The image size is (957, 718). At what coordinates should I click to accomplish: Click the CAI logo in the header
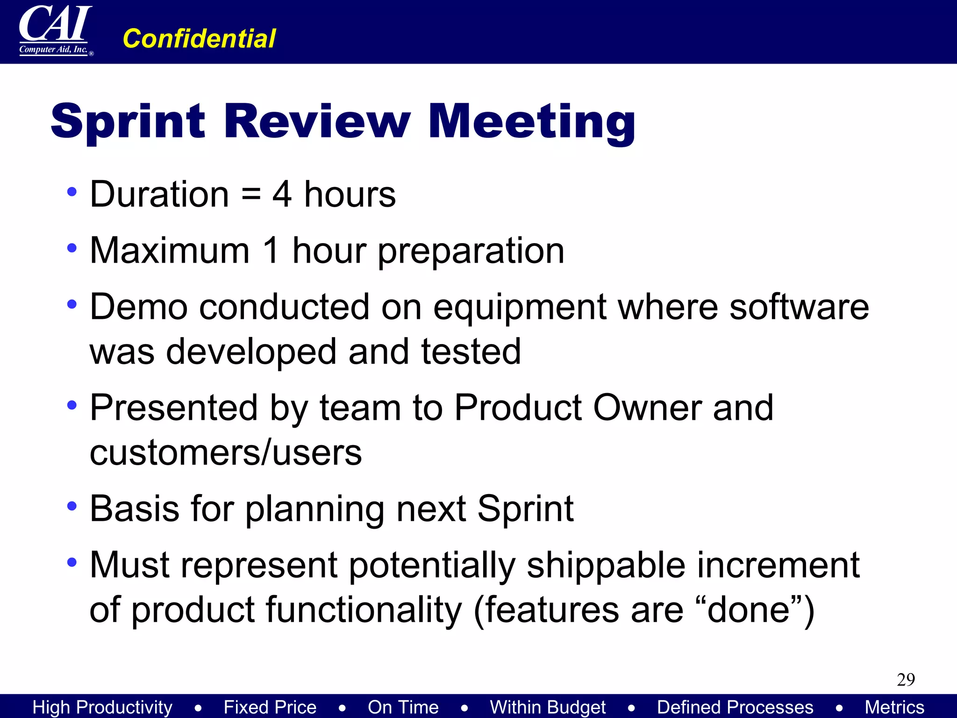(55, 30)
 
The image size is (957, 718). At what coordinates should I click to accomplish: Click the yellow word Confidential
(199, 38)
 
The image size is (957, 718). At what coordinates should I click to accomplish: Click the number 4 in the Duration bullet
(282, 194)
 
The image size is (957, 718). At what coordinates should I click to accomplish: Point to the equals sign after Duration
(251, 194)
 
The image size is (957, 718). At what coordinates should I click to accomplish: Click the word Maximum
(170, 251)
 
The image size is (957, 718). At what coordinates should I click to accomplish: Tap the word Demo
(138, 307)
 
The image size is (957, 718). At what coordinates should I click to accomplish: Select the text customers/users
(226, 453)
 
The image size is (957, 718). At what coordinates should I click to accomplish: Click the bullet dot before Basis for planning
(71, 506)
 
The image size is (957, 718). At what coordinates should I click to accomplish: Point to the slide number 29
(906, 679)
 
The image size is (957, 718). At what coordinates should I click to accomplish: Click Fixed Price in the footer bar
(270, 707)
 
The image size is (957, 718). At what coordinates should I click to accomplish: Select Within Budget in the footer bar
(548, 707)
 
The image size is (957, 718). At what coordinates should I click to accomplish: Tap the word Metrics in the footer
(894, 707)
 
